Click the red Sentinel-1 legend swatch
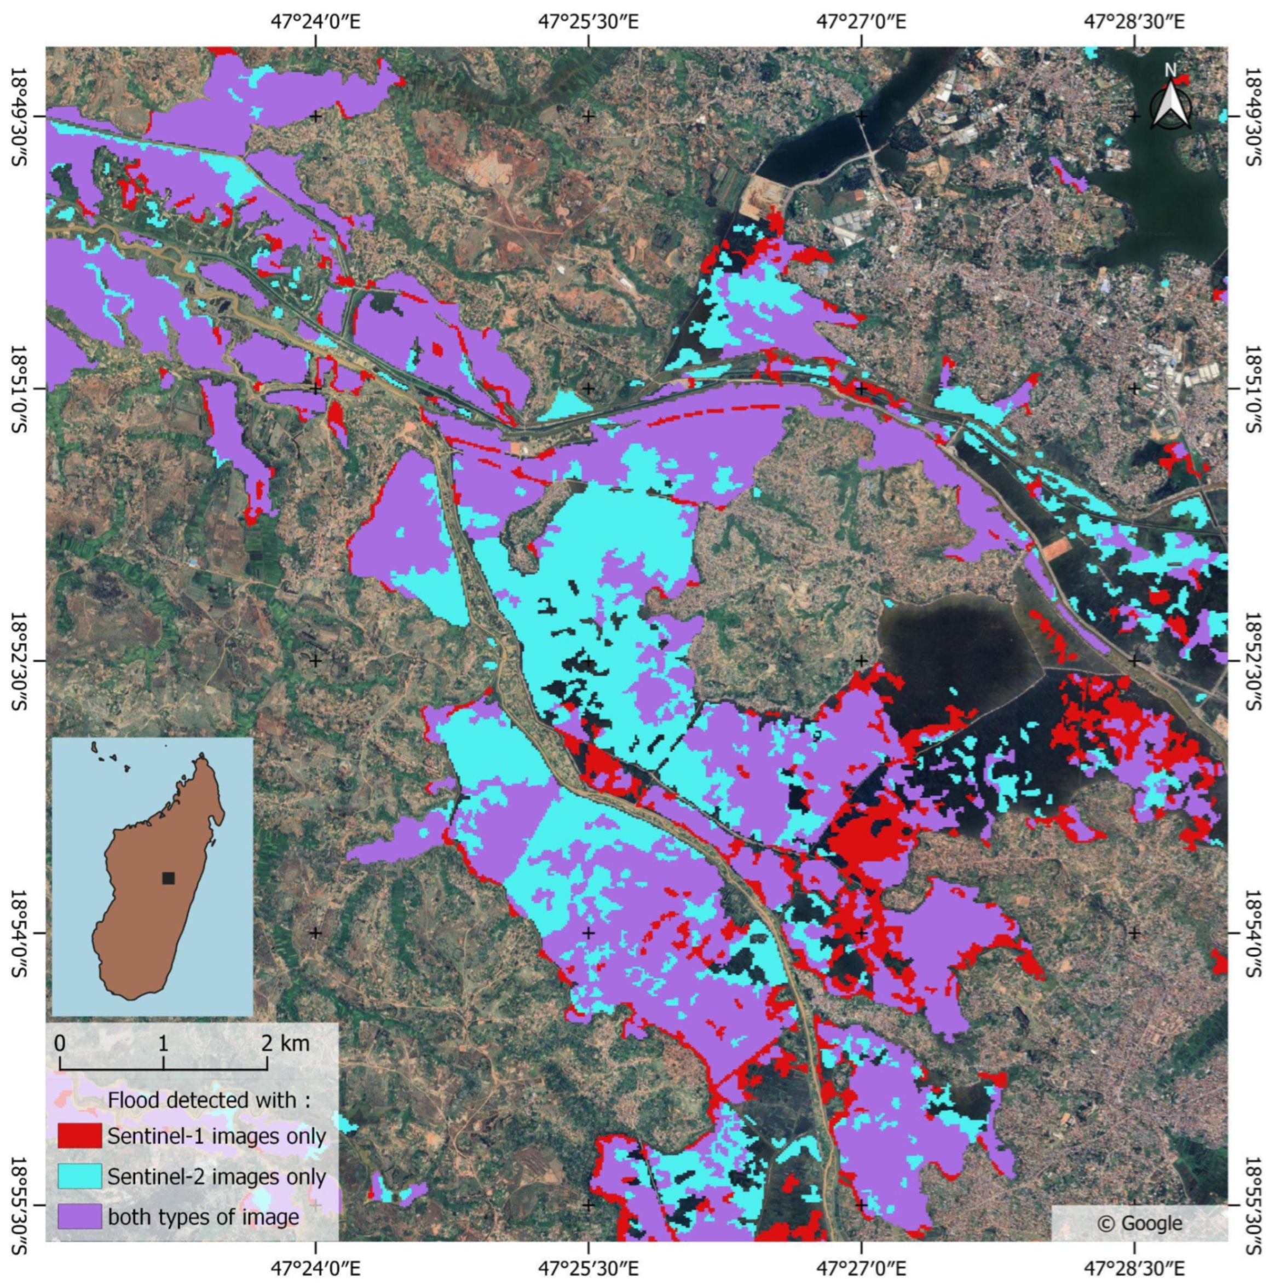[x=79, y=1136]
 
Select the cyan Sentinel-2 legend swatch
[x=79, y=1176]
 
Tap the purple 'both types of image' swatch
[x=79, y=1216]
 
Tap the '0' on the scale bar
[x=60, y=1043]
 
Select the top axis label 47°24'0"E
[x=315, y=22]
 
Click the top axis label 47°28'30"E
[x=1134, y=22]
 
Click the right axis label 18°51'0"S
[x=1251, y=388]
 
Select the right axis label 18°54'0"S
[x=1251, y=932]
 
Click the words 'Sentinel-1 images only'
[x=216, y=1136]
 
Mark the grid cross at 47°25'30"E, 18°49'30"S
[x=588, y=117]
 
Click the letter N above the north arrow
[x=1170, y=69]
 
